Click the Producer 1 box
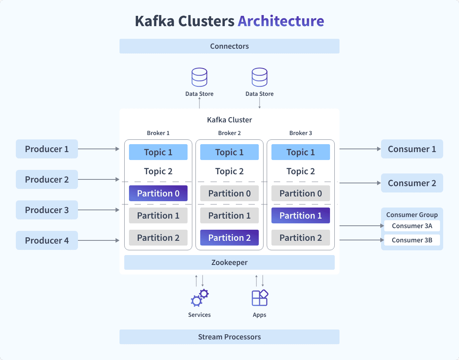point(47,149)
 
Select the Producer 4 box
point(47,240)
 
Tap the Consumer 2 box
point(412,183)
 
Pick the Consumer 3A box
point(412,226)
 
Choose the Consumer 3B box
point(412,240)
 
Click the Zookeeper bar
point(229,262)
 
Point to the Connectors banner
point(229,46)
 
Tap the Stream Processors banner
point(229,337)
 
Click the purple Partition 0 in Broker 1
point(158,193)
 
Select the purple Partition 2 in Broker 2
point(229,238)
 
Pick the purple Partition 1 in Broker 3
point(301,215)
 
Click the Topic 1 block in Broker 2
point(229,152)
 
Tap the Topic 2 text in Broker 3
point(301,171)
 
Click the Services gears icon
point(199,298)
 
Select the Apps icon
point(260,298)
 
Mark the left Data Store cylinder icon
point(199,77)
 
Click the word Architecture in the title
point(281,21)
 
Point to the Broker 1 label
point(158,133)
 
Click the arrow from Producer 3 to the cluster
point(99,210)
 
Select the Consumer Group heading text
point(412,215)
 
